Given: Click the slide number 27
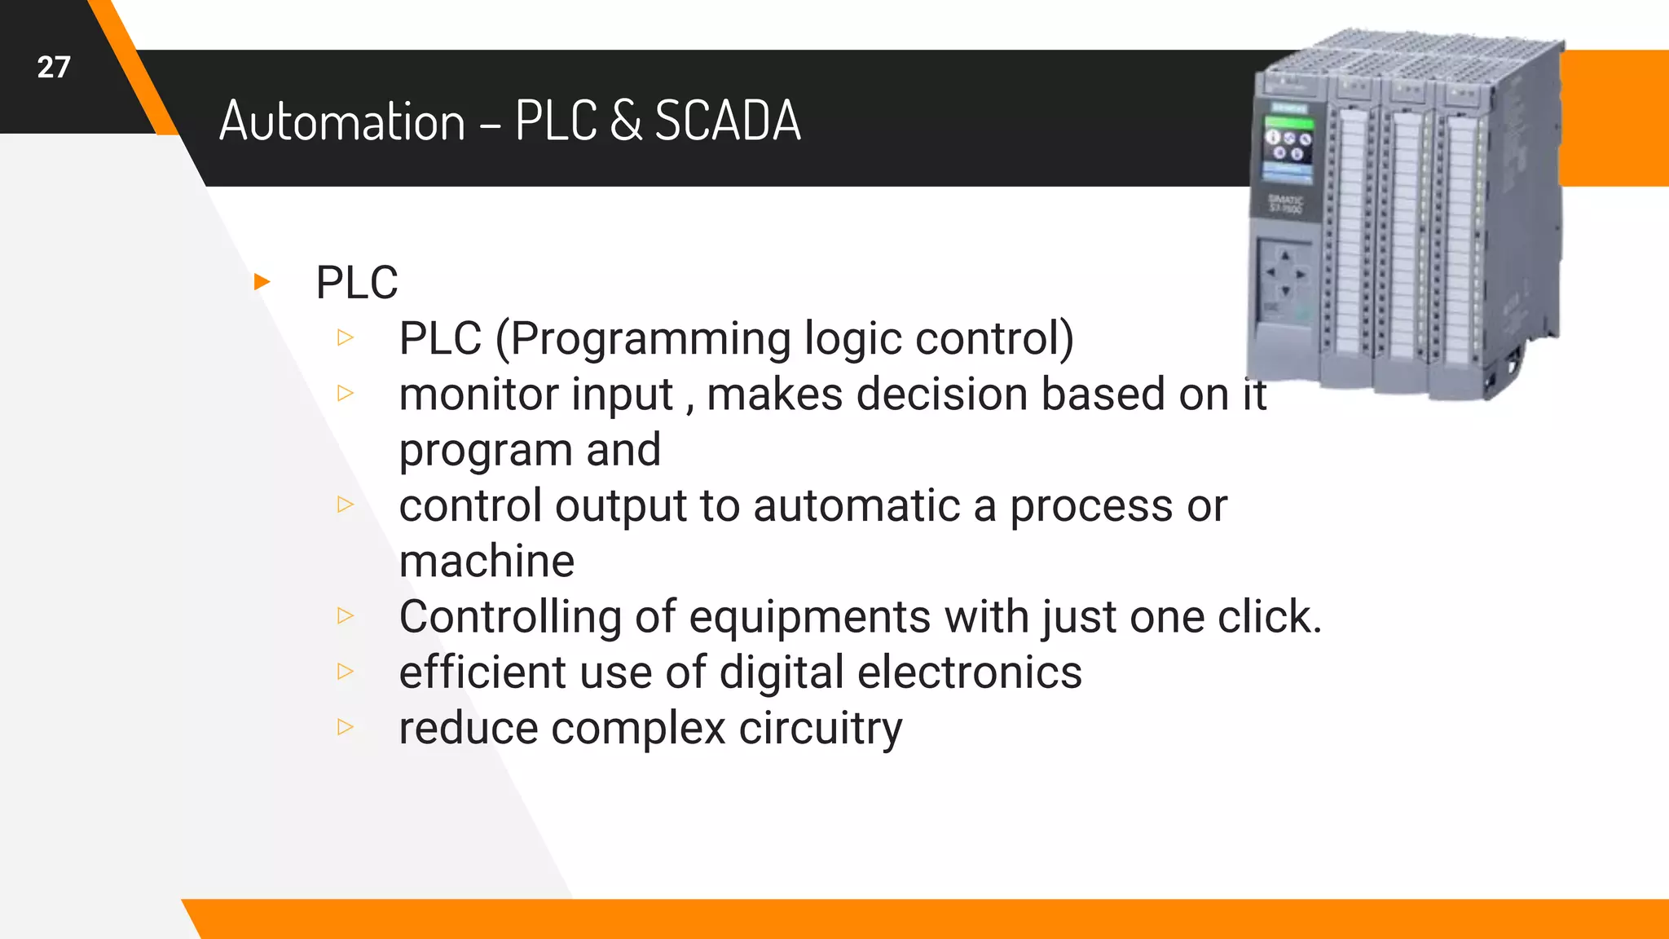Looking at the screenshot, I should point(54,68).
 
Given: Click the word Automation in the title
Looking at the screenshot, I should point(341,121).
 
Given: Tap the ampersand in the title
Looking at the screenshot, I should point(624,121).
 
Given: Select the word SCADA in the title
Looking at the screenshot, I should point(728,121).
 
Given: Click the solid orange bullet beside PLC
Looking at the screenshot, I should point(262,282).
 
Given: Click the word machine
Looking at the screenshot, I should point(487,562).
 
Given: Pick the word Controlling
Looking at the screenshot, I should point(510,617).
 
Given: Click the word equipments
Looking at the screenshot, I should point(809,617).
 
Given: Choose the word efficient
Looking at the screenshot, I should point(472,673).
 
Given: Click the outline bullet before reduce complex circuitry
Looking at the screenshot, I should point(346,726).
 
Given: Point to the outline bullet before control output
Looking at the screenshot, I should point(346,505).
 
